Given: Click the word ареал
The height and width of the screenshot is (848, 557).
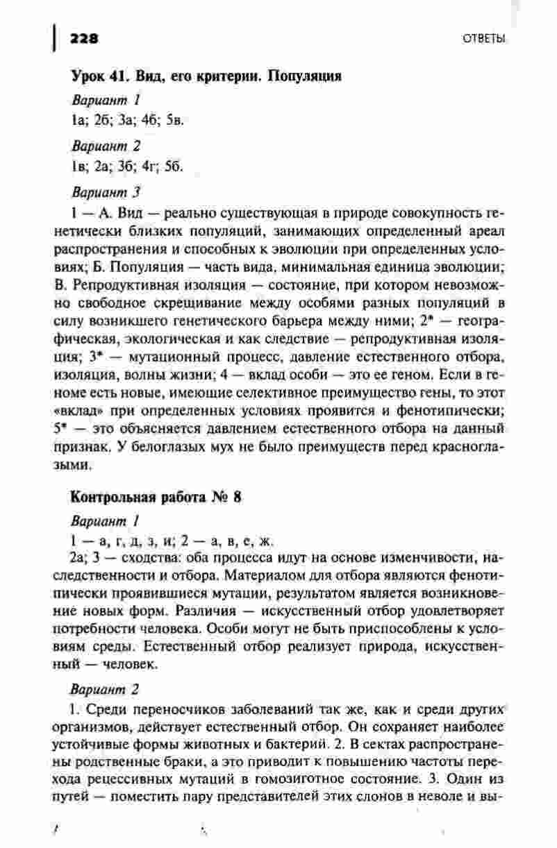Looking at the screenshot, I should (483, 230).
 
